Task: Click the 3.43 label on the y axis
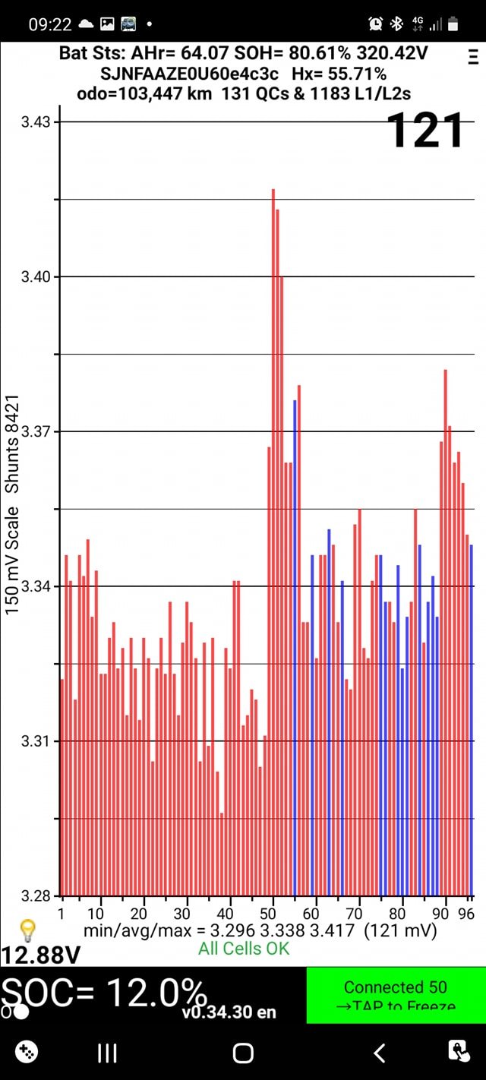[x=35, y=122]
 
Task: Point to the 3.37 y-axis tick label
[x=35, y=431]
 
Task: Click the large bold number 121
[x=424, y=131]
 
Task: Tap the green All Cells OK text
[x=244, y=948]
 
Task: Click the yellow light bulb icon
[x=27, y=929]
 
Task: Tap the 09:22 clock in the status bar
[x=50, y=24]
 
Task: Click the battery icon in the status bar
[x=453, y=24]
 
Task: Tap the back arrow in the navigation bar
[x=380, y=1052]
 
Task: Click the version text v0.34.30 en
[x=229, y=1012]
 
